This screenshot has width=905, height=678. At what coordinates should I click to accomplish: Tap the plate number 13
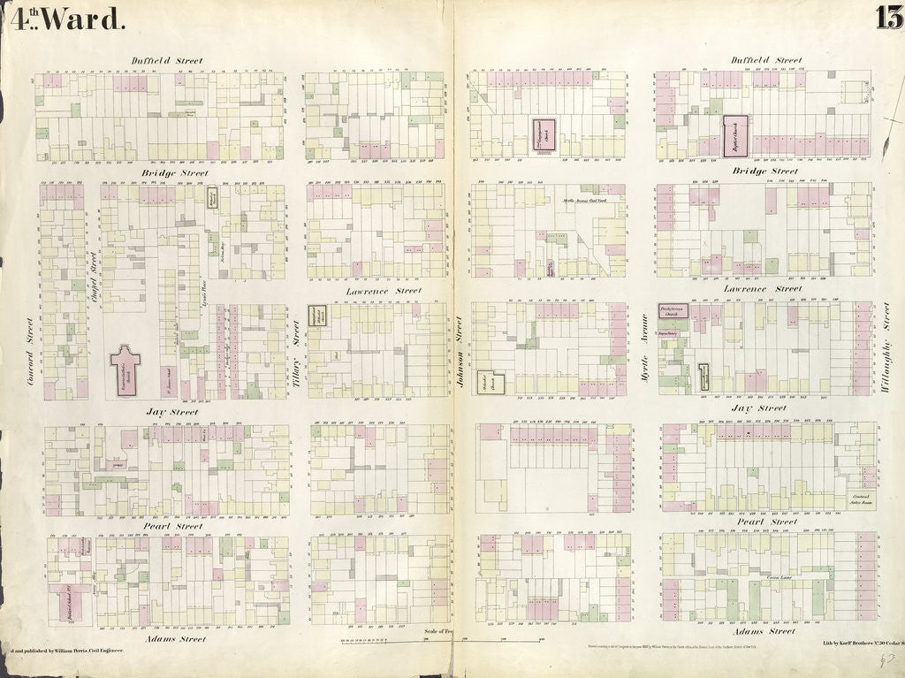click(x=888, y=17)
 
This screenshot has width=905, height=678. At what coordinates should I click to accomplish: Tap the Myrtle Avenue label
click(x=643, y=357)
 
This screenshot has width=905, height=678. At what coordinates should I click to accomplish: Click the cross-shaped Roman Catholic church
click(x=125, y=368)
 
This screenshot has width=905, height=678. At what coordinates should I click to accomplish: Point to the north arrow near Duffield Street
click(x=889, y=133)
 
